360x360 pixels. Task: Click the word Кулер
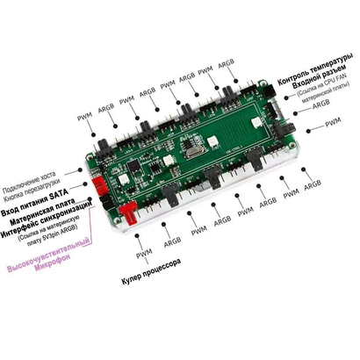click(131, 287)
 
